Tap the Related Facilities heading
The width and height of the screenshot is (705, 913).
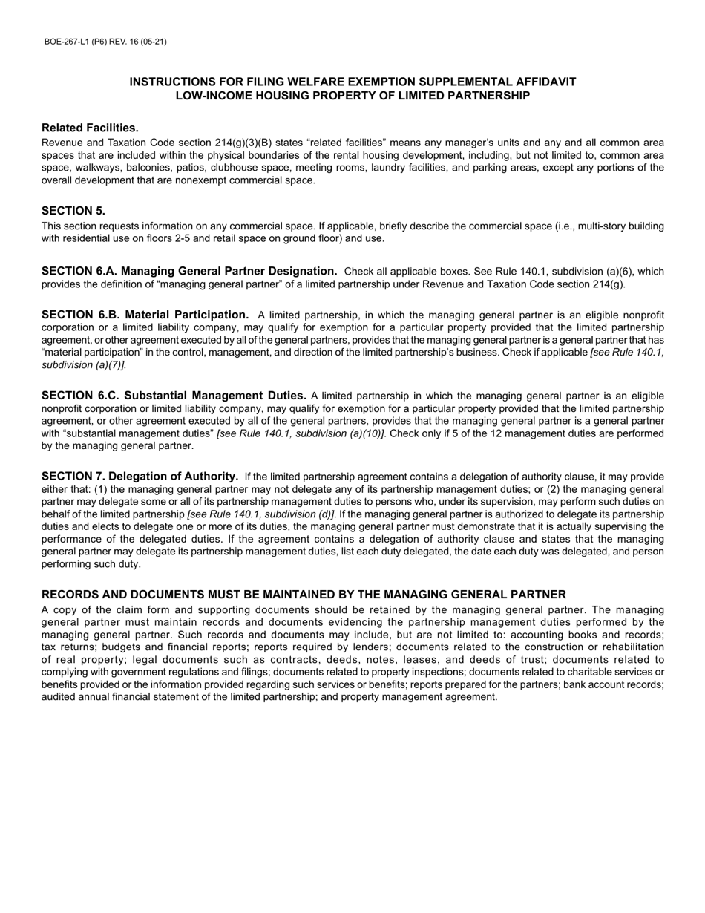coord(90,128)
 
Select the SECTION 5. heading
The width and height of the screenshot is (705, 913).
coord(73,211)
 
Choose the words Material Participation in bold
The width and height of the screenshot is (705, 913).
coord(186,315)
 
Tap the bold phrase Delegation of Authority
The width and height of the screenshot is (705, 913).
coord(174,477)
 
